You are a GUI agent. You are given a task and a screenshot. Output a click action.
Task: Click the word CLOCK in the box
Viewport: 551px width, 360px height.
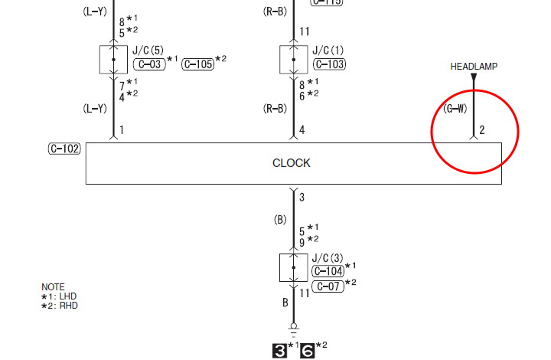pos(292,163)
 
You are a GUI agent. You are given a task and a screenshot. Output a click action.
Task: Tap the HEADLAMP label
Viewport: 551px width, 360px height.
pos(474,67)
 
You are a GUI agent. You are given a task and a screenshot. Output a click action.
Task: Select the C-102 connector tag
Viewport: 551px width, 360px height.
pos(64,149)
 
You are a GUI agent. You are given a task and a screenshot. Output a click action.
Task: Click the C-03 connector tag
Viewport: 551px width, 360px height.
pos(148,64)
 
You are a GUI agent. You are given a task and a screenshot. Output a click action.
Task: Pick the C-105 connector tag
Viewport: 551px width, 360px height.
pos(198,64)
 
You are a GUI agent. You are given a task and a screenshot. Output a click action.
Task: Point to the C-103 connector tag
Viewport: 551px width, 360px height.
pos(329,64)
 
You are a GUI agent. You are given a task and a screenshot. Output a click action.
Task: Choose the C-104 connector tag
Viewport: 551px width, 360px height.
pos(328,271)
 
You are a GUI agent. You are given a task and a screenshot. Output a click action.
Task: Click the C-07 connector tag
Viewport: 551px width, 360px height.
pos(328,286)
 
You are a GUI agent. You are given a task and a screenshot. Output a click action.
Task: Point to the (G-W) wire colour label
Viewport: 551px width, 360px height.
pos(455,109)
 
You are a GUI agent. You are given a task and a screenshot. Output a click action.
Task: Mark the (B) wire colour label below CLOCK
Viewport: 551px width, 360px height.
pos(279,220)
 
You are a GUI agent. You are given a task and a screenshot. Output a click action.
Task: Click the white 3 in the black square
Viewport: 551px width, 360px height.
pos(280,351)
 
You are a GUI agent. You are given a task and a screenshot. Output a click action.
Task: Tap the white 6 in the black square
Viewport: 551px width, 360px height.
pos(307,351)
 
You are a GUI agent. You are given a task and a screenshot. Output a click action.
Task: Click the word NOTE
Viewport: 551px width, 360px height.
pos(53,287)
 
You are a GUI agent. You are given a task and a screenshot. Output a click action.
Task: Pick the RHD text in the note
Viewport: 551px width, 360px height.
pos(68,306)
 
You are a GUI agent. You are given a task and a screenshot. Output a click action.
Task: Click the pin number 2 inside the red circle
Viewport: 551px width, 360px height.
pos(482,130)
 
